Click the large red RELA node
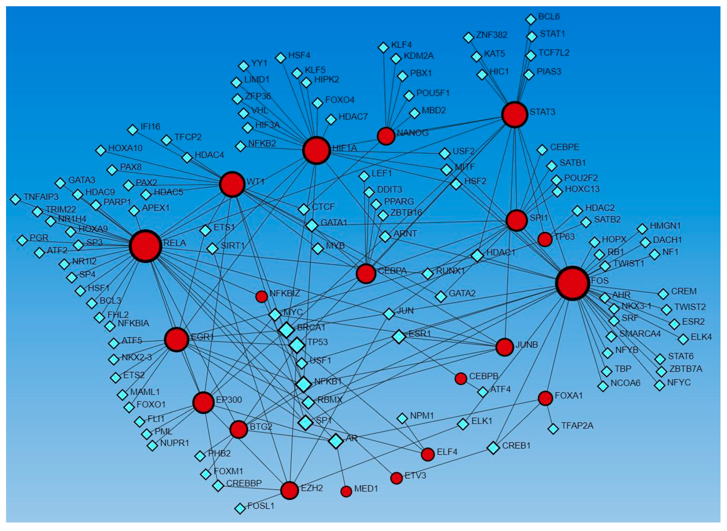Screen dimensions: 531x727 [145, 246]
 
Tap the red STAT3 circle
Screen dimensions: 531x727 [515, 115]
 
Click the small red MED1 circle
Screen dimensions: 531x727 [346, 491]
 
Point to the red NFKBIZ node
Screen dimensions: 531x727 [261, 297]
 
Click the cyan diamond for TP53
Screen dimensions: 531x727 [297, 345]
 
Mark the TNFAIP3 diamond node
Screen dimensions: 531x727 [15, 199]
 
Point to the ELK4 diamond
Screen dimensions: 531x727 [683, 339]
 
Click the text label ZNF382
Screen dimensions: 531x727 [492, 35]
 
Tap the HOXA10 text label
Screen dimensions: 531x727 [126, 148]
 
